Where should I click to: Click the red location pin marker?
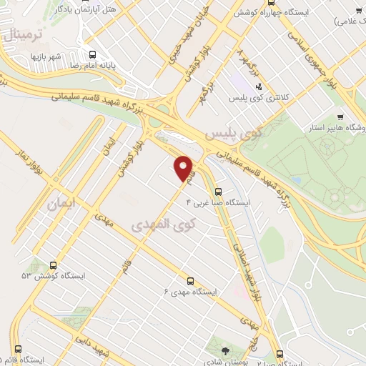point(184,168)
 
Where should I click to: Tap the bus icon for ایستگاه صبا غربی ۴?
point(218,191)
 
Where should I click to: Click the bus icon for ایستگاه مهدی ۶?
point(190,281)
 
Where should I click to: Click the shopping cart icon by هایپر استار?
point(341,117)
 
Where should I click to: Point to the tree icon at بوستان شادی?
point(225,351)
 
